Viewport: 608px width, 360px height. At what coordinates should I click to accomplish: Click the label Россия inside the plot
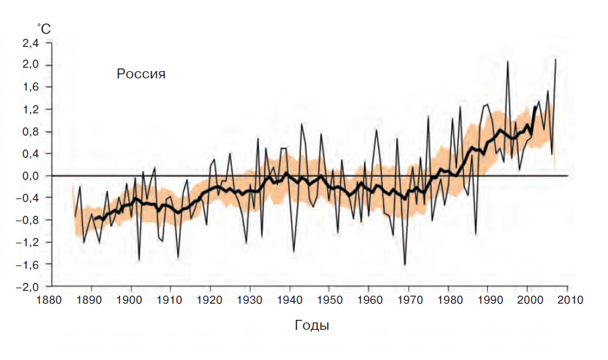click(141, 74)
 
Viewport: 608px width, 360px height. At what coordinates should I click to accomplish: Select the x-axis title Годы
click(312, 326)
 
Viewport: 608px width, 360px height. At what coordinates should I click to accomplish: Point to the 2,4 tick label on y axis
click(32, 43)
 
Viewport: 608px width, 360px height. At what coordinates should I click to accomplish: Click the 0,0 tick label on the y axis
click(32, 176)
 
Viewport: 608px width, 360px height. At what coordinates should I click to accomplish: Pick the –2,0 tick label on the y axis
click(29, 286)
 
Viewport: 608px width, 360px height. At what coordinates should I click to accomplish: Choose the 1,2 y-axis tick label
click(32, 109)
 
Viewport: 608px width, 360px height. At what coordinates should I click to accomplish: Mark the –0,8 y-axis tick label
click(29, 220)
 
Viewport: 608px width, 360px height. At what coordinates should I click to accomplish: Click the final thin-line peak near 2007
click(556, 60)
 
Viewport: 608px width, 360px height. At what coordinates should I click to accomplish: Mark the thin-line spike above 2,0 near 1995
click(507, 62)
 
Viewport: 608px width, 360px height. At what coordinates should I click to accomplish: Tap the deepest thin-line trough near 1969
click(405, 265)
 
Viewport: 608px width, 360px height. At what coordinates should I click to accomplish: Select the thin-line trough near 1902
click(139, 259)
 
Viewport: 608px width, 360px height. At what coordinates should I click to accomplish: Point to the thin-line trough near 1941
click(294, 251)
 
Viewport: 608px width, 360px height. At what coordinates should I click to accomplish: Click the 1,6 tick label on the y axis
click(32, 87)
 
